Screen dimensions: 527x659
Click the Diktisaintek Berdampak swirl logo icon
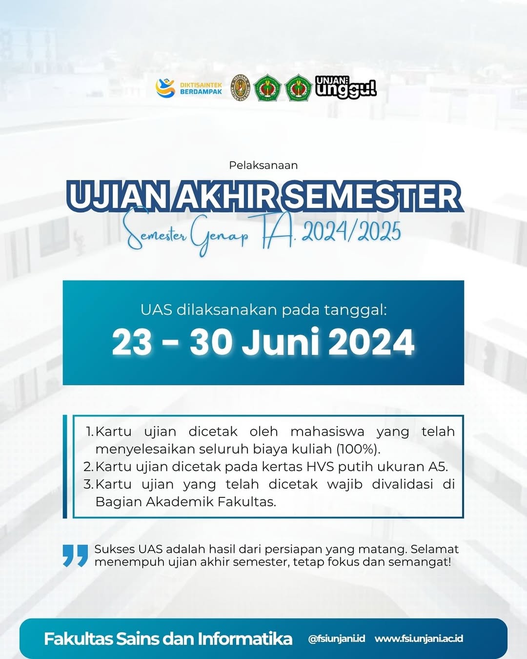click(165, 88)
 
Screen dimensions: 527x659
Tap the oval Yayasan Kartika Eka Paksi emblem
click(241, 87)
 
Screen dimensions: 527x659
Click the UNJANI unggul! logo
click(345, 87)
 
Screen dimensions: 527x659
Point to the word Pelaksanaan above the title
click(263, 165)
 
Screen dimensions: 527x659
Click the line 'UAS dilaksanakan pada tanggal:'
click(263, 310)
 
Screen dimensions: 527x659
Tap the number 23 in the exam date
click(132, 342)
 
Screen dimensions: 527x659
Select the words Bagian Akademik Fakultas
click(186, 502)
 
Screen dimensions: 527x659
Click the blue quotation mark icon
click(75, 556)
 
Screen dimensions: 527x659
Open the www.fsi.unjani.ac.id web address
click(419, 638)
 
